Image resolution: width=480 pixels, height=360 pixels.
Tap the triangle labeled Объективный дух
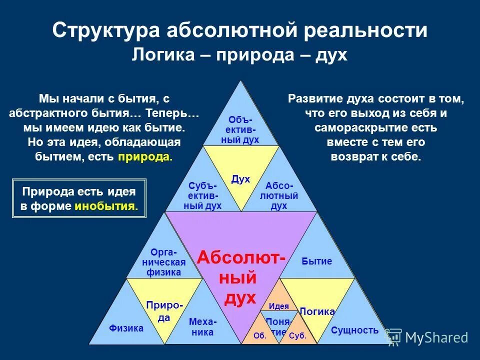(240, 129)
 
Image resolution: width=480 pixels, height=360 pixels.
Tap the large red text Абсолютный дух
(241, 277)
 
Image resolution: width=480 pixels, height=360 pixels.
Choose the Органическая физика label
(164, 262)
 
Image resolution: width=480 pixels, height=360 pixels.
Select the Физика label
(126, 328)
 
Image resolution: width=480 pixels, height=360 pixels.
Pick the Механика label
(202, 327)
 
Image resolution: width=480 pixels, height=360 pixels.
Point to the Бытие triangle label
(317, 261)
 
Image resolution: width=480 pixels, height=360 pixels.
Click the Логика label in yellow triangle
(316, 311)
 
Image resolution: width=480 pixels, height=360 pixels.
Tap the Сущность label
(354, 330)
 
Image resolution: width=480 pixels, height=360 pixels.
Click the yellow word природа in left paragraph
(145, 157)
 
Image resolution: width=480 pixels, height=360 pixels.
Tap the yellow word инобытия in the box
(105, 206)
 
